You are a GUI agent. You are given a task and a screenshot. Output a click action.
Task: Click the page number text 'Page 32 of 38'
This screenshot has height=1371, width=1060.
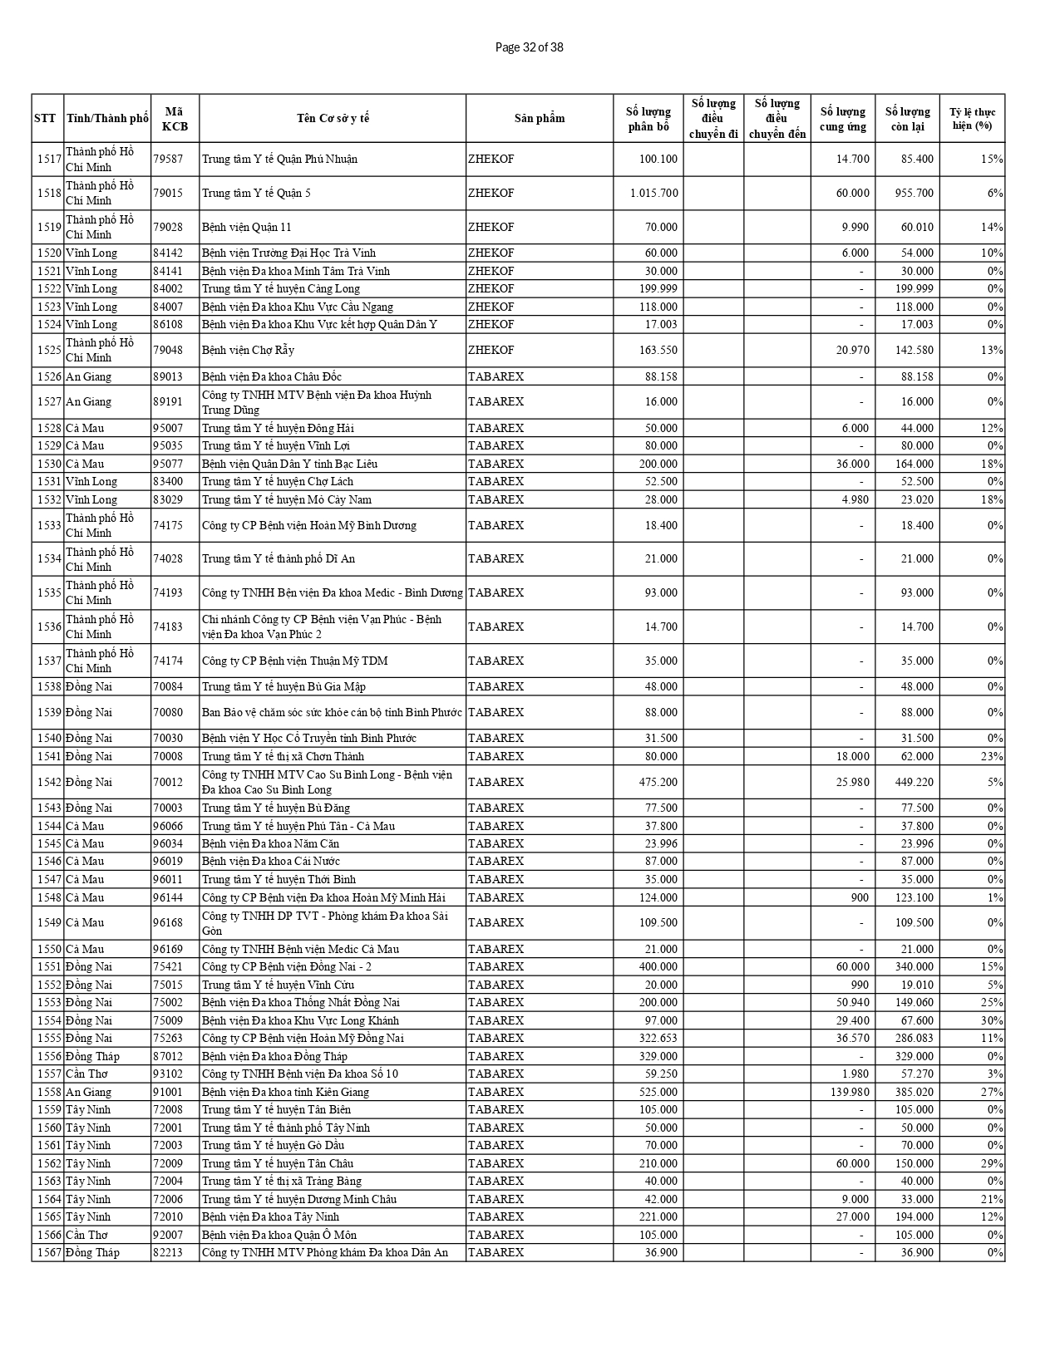pos(529,47)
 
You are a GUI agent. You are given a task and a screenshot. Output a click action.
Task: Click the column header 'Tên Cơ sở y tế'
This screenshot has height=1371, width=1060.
pos(333,118)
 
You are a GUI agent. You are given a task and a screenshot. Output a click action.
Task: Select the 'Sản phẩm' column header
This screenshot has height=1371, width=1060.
pos(539,118)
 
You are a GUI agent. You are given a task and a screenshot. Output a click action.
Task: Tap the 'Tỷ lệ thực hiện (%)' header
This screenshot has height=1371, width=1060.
pos(972,118)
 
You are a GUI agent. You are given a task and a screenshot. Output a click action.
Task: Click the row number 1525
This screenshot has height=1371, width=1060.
pos(49,350)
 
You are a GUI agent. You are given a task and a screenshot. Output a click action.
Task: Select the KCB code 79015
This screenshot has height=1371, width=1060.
pos(168,193)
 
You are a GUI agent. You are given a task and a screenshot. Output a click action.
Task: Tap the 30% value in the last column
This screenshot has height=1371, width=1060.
pos(993,1020)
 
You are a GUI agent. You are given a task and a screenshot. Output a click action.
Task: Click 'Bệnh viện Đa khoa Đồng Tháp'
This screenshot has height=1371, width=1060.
pos(274,1056)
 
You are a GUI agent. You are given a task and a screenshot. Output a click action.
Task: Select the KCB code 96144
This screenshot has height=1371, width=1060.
pos(168,897)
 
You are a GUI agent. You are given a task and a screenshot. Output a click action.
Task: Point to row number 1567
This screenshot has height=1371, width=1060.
pos(49,1252)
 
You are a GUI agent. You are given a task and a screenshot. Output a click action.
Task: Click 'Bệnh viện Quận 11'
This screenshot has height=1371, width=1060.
pos(246,227)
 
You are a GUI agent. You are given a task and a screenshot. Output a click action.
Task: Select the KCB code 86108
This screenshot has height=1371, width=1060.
pos(168,324)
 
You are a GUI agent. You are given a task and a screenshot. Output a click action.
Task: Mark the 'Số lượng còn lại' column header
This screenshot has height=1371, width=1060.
pos(907,118)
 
